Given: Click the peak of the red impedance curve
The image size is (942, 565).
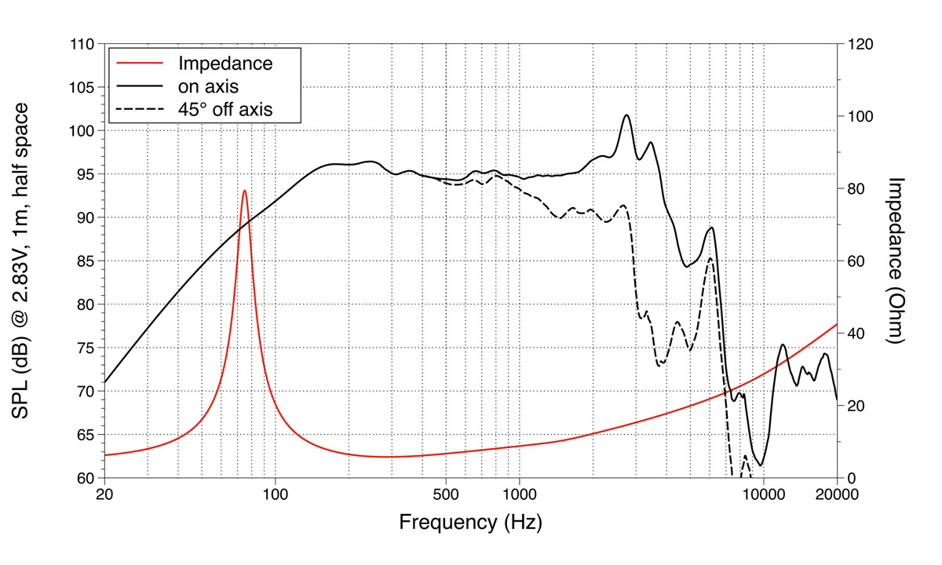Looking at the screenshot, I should (x=245, y=191).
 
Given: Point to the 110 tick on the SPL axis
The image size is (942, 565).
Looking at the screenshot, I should (x=82, y=44).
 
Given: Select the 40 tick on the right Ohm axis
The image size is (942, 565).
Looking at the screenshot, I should (x=854, y=334).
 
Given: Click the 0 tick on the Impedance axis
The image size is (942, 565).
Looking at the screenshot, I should (x=850, y=478).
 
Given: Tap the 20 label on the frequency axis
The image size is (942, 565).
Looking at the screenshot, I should (x=104, y=495).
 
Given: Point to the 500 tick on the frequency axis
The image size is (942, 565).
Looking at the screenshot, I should (x=446, y=495).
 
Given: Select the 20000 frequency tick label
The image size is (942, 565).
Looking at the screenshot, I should (x=835, y=495).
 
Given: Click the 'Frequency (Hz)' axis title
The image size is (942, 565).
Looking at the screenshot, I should (x=469, y=523).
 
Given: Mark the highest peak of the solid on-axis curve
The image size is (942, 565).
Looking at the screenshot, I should (x=626, y=115).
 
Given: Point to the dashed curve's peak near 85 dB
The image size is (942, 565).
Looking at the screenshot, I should (x=710, y=258).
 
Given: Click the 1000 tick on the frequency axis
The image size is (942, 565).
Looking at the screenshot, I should (x=519, y=495).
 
